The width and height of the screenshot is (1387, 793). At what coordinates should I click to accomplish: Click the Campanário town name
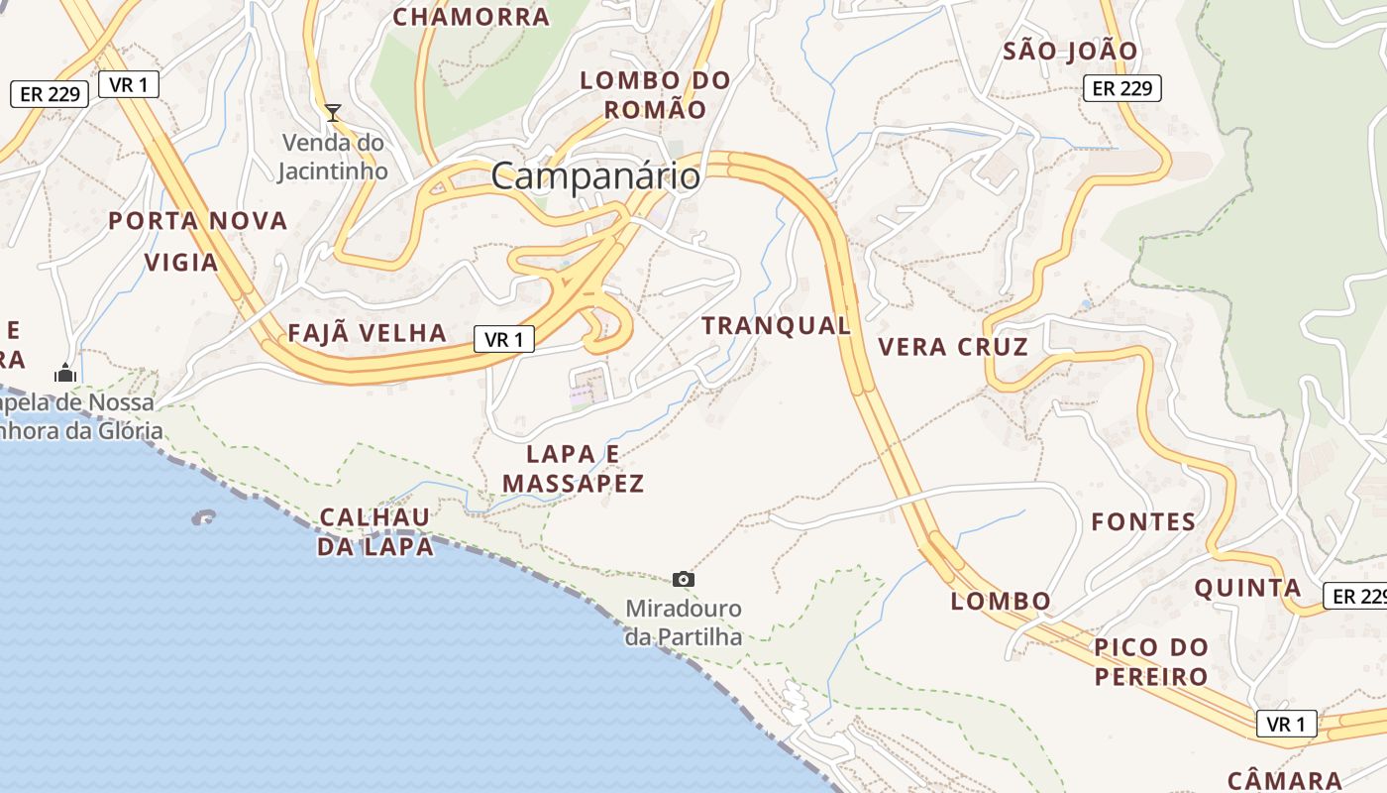click(x=595, y=176)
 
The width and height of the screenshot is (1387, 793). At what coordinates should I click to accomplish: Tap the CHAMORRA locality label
click(x=471, y=17)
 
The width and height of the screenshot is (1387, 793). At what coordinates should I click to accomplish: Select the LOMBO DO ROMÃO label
click(x=655, y=95)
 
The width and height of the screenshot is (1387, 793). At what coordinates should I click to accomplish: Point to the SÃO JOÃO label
click(x=1071, y=51)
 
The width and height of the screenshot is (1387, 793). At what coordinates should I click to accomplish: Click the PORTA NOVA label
click(x=198, y=221)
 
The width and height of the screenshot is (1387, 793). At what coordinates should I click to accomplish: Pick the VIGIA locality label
click(x=181, y=263)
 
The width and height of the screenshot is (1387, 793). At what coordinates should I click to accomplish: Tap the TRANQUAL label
click(x=777, y=325)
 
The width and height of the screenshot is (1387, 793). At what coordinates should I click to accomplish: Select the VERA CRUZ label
click(x=953, y=347)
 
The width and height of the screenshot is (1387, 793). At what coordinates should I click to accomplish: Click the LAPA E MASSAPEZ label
click(x=574, y=469)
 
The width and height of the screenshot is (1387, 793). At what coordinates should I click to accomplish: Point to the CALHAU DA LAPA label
click(x=375, y=531)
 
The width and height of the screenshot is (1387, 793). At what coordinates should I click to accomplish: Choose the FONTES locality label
click(x=1143, y=521)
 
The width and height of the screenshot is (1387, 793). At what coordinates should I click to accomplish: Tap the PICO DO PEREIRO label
click(x=1151, y=662)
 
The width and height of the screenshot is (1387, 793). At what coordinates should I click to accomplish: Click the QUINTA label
click(x=1247, y=588)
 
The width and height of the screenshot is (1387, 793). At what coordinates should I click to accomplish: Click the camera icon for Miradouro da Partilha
click(x=683, y=579)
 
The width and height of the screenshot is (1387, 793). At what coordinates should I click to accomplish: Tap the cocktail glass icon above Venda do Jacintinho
click(x=333, y=113)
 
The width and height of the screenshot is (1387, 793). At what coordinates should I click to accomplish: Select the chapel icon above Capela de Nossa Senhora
click(x=65, y=374)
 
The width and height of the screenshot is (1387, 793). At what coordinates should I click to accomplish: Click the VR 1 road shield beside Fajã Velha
click(x=504, y=340)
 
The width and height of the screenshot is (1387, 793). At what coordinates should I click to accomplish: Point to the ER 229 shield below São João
click(x=1121, y=88)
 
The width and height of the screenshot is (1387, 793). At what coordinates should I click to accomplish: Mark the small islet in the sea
click(x=204, y=516)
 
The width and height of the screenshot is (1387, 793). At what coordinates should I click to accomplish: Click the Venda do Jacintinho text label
click(x=332, y=157)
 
